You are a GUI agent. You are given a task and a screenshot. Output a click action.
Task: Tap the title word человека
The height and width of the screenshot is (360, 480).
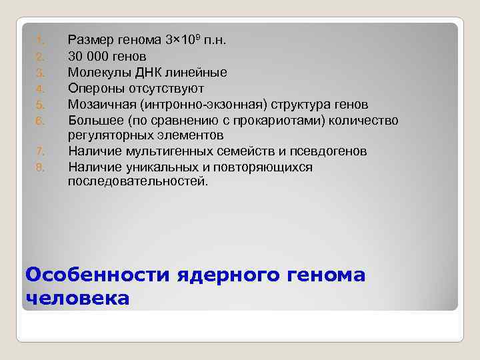tap(77, 298)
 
